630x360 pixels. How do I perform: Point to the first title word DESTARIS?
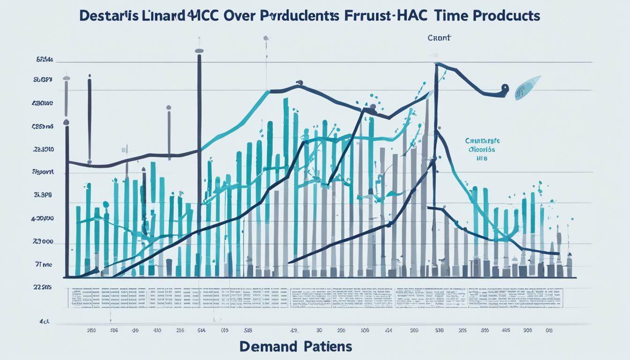point(109,15)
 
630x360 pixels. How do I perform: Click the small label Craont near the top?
point(439,38)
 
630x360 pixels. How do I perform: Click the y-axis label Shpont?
point(43,172)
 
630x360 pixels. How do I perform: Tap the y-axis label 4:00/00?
point(42,218)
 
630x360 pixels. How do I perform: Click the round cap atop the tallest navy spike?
point(199,51)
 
